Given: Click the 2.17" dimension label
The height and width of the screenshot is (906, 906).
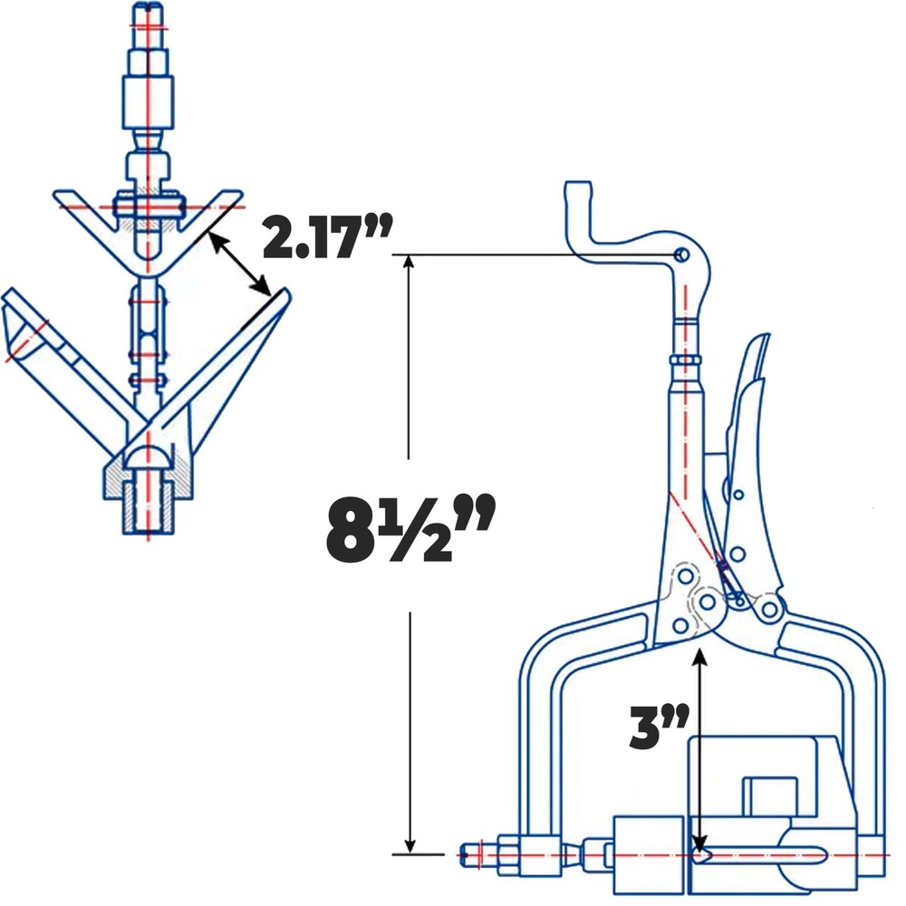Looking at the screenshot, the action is pos(327,236).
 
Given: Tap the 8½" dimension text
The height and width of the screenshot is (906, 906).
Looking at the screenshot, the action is pos(410,529).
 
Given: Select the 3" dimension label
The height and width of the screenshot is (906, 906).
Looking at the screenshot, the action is pos(660,726).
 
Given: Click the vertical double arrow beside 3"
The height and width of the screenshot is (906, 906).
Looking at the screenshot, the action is pos(700,751).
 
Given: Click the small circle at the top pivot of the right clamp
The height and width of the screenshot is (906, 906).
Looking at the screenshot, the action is pos(682,255).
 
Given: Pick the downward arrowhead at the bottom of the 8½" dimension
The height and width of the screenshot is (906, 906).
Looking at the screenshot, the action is pos(410,846).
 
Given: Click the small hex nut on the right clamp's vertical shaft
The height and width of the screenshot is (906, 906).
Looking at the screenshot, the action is pos(686,361).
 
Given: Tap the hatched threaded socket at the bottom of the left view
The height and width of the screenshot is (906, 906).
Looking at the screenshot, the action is pos(148,504).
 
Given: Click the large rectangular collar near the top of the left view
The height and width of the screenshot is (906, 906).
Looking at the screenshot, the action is pos(148,103).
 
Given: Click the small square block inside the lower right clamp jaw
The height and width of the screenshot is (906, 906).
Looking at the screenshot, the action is pos(769,796).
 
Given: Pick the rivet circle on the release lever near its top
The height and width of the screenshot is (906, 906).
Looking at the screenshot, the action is pos(738,495).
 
